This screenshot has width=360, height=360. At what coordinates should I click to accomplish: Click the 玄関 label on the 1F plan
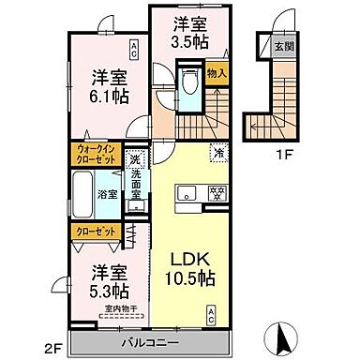tap(282, 45)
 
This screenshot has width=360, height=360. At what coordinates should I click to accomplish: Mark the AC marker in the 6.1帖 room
tap(136, 47)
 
